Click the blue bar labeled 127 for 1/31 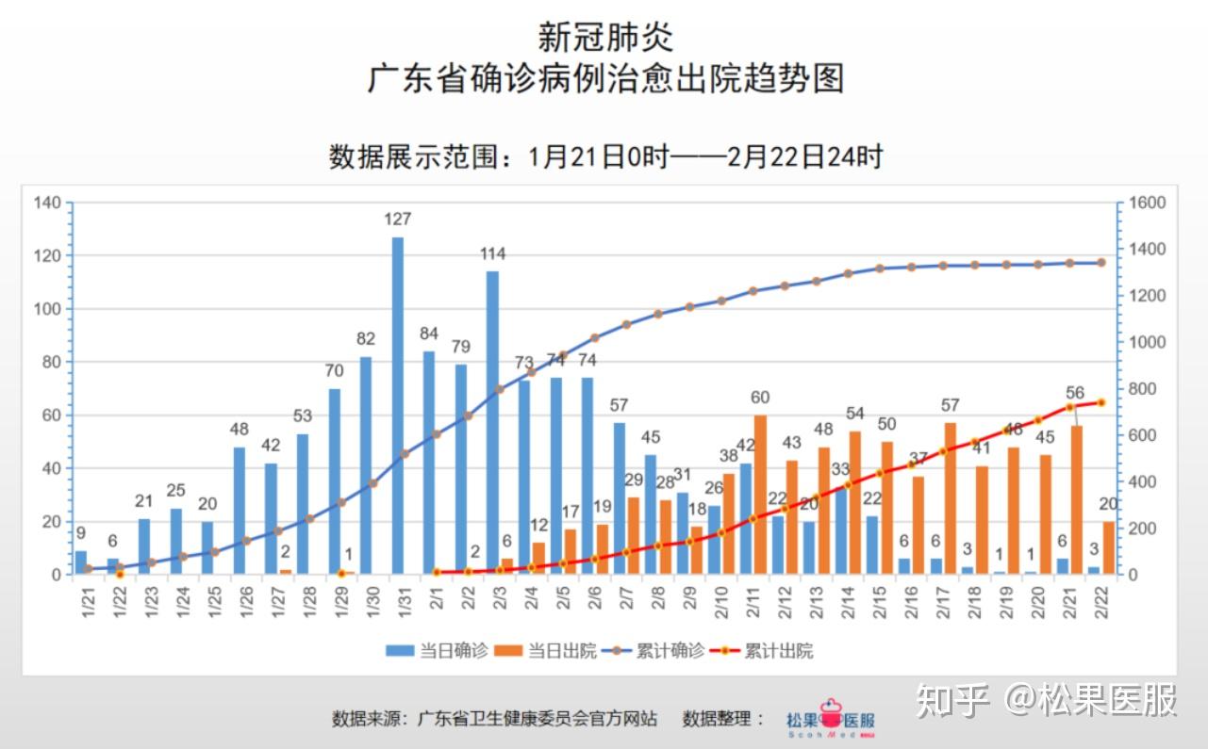[x=398, y=405]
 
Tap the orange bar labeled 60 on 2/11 [x=760, y=494]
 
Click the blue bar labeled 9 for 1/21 [x=81, y=562]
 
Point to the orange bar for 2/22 [x=1108, y=547]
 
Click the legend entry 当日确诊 [x=438, y=651]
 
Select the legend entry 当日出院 [x=547, y=651]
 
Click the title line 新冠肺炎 [x=604, y=38]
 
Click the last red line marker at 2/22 [x=1100, y=402]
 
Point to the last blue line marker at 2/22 [x=1100, y=263]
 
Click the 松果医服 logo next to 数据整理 [x=831, y=719]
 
